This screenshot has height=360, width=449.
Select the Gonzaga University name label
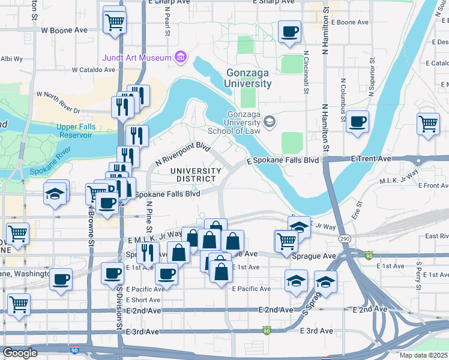249,79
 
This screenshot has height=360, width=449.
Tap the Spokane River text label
53,166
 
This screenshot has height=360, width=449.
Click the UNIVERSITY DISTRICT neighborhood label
194,175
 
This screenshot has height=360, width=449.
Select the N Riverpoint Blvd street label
184,153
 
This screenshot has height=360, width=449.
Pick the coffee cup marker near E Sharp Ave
289,32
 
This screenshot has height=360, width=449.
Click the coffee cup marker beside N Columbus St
358,122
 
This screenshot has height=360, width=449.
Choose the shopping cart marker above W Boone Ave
114,23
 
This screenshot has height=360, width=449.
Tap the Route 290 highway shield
345,239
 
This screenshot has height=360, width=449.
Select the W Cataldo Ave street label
93,70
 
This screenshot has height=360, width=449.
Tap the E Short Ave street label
143,300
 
